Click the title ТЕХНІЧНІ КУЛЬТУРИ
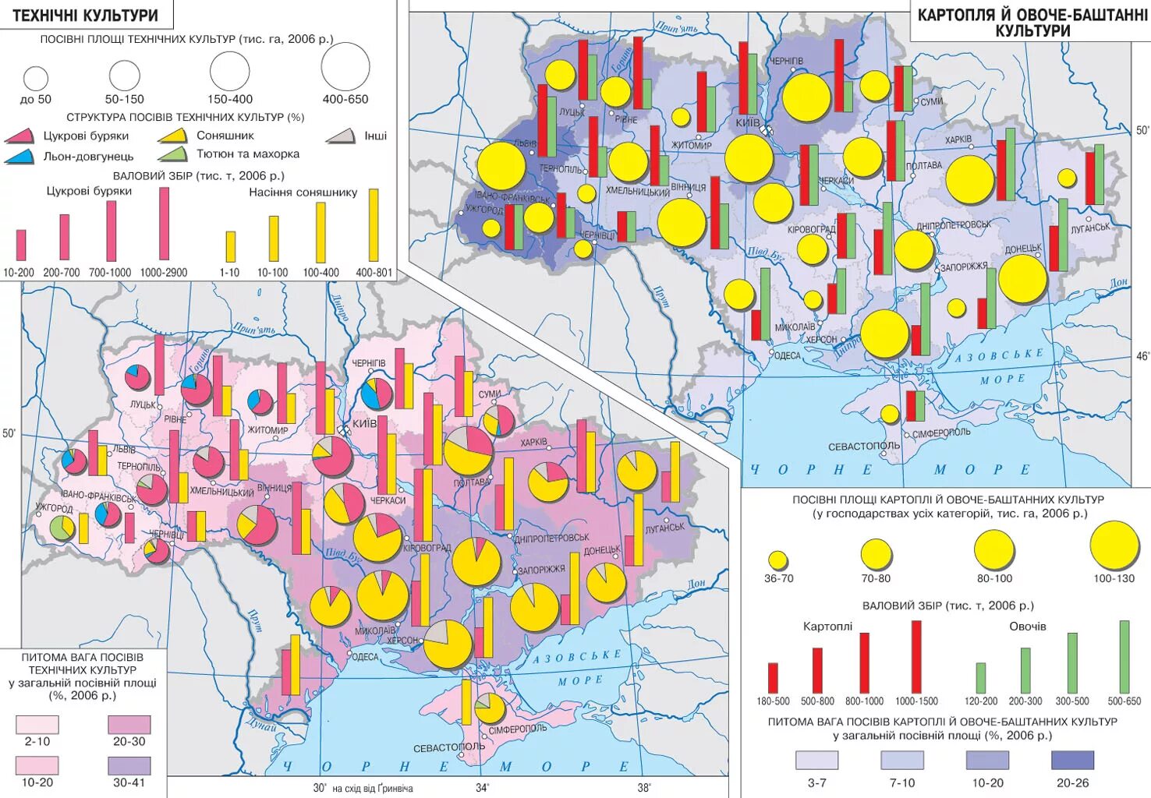click(x=86, y=15)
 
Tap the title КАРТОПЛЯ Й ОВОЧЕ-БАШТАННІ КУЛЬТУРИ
click(x=1032, y=23)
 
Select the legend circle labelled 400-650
click(x=345, y=67)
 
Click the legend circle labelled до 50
click(x=36, y=78)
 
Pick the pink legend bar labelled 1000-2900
click(x=164, y=224)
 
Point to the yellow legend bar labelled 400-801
click(x=374, y=224)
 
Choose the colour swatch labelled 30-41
click(x=129, y=764)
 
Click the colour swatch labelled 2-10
click(x=37, y=726)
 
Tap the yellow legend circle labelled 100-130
click(x=1114, y=546)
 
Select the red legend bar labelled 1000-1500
click(x=916, y=657)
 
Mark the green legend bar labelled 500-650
click(x=1124, y=657)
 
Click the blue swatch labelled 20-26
click(x=1072, y=760)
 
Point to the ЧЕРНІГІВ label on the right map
click(x=786, y=61)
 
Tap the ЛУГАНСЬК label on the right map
click(x=1090, y=228)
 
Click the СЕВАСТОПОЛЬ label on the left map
click(x=448, y=747)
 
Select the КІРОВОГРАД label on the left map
click(x=427, y=548)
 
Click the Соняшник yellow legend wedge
click(x=173, y=136)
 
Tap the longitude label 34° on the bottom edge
click(x=483, y=788)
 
